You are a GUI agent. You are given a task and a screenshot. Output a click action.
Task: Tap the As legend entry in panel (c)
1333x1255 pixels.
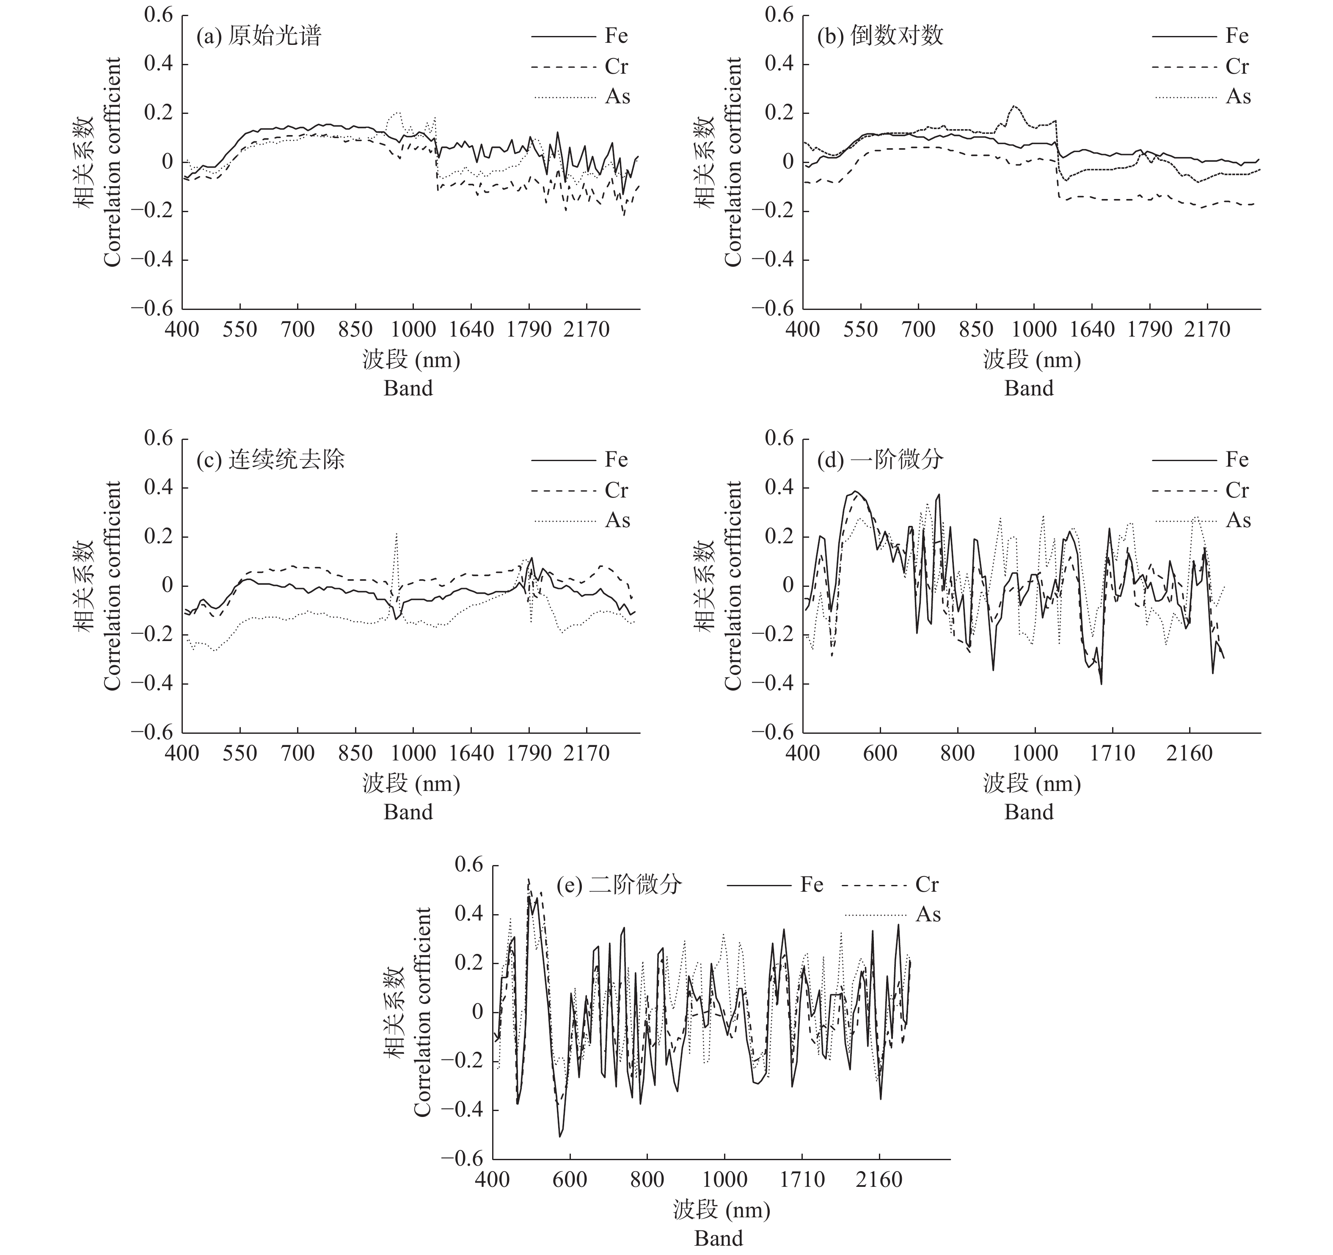point(581,520)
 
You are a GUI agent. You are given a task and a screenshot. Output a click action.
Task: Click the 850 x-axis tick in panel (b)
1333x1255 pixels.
point(976,330)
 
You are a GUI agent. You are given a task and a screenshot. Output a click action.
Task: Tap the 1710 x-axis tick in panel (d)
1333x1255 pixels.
point(1113,753)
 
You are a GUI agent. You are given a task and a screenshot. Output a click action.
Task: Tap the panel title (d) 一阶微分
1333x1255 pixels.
point(880,460)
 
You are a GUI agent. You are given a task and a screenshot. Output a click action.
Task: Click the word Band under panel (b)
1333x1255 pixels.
point(1029,388)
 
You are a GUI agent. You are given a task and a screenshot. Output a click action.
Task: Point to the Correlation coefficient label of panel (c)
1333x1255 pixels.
point(112,586)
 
